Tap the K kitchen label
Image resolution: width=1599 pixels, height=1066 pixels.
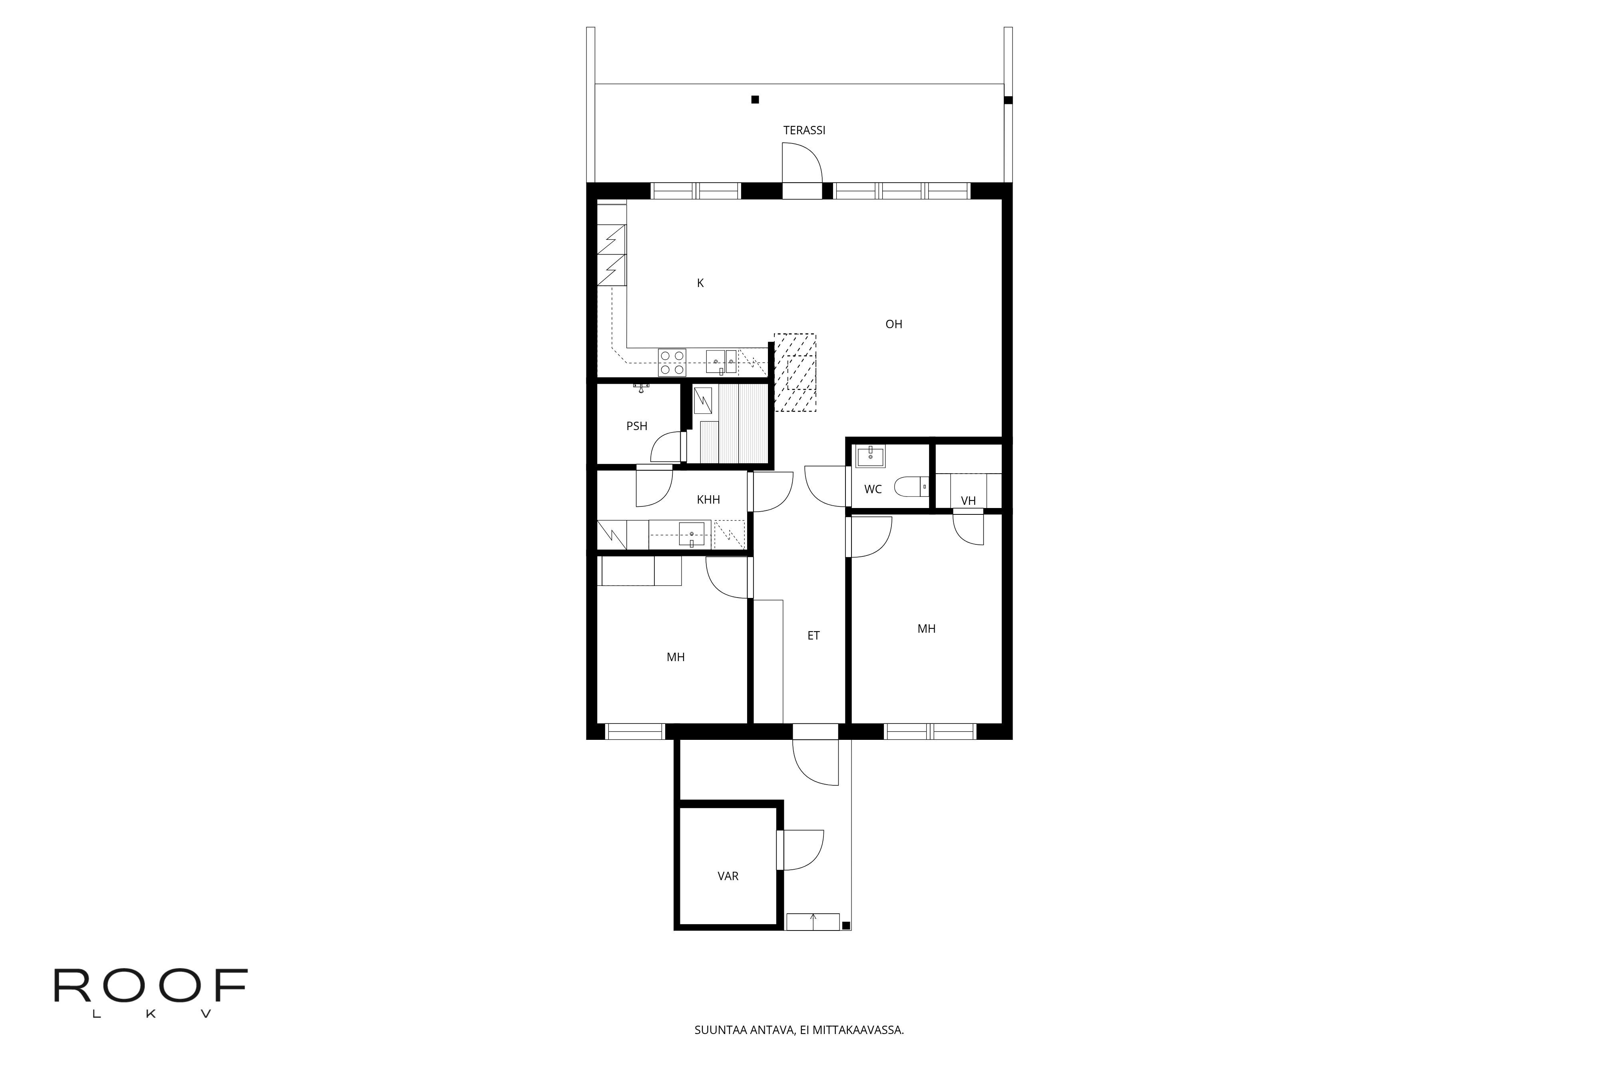click(x=700, y=283)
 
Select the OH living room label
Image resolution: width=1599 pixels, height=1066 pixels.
click(x=893, y=324)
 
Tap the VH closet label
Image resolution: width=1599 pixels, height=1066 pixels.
click(x=968, y=501)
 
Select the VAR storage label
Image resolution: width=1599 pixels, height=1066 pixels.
click(x=728, y=876)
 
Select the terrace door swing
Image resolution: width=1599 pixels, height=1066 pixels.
click(x=802, y=163)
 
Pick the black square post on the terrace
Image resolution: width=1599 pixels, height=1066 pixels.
click(x=755, y=99)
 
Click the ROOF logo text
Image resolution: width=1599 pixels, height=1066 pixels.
click(x=151, y=985)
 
